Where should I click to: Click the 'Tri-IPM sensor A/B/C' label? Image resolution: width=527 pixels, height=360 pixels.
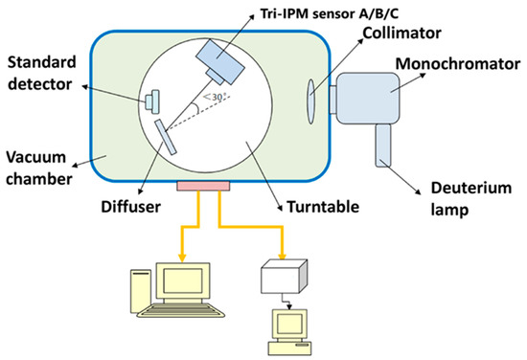(x=330, y=13)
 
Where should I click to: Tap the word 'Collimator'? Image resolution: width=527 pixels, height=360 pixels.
(x=402, y=33)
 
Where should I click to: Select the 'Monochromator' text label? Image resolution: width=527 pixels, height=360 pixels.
(x=458, y=63)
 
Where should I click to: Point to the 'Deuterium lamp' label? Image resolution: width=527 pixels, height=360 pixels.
(x=471, y=199)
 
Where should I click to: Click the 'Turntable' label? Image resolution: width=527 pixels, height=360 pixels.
(x=323, y=207)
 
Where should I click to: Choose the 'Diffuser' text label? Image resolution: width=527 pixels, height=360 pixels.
(x=130, y=207)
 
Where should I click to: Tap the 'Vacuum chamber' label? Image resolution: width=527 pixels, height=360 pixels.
(x=39, y=168)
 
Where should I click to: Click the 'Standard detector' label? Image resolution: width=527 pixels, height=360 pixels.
(x=41, y=73)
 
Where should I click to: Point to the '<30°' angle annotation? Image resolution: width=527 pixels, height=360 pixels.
(x=214, y=97)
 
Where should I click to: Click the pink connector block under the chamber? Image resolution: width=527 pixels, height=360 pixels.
(x=203, y=186)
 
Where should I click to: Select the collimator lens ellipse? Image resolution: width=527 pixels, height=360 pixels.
(x=311, y=101)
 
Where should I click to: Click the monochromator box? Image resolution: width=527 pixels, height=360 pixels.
(x=368, y=98)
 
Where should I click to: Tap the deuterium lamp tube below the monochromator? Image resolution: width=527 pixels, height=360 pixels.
(x=383, y=146)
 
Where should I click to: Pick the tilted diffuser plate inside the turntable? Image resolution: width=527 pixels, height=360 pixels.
(x=166, y=137)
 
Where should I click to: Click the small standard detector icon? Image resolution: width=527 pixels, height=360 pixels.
(x=152, y=101)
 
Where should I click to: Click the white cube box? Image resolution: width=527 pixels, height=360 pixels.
(x=284, y=276)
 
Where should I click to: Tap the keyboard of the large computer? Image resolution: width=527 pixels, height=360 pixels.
(x=181, y=310)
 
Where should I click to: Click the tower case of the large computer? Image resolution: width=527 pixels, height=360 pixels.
(x=140, y=291)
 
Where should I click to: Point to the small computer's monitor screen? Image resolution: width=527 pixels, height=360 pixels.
(x=289, y=324)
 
